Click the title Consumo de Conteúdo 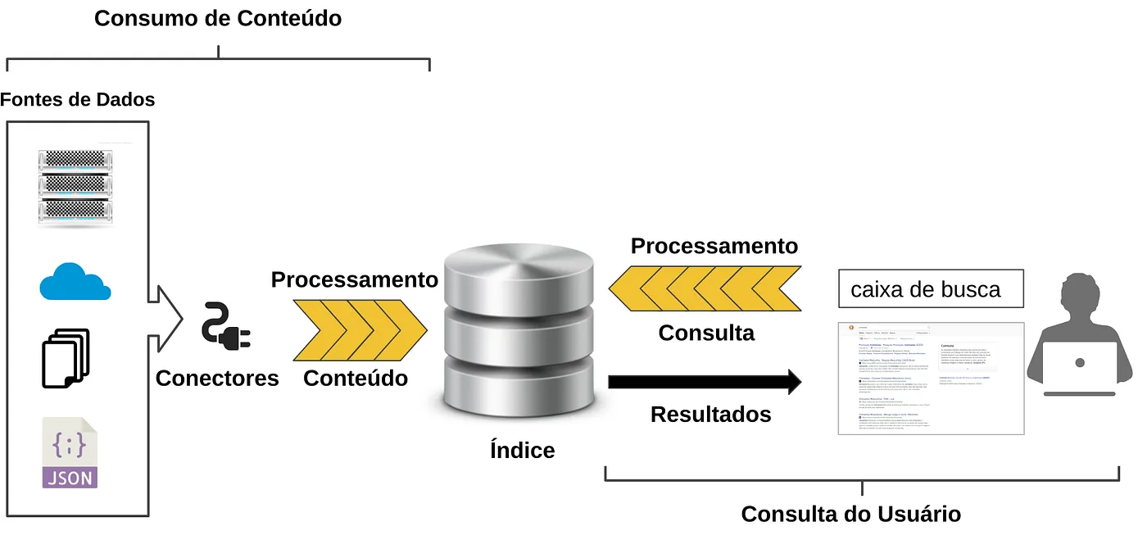click(x=218, y=18)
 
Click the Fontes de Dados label click(x=78, y=100)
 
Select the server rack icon click(x=75, y=187)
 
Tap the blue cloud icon click(x=75, y=282)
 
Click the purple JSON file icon click(x=70, y=453)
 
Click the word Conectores click(x=217, y=378)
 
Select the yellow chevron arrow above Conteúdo click(x=360, y=331)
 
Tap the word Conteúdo click(x=356, y=378)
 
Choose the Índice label click(x=522, y=450)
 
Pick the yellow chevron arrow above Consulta click(x=705, y=289)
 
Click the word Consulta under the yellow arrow click(x=706, y=333)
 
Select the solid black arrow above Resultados click(x=705, y=381)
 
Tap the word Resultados click(x=710, y=414)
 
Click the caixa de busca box click(x=931, y=289)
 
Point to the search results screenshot click(x=931, y=378)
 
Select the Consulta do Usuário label click(x=850, y=514)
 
